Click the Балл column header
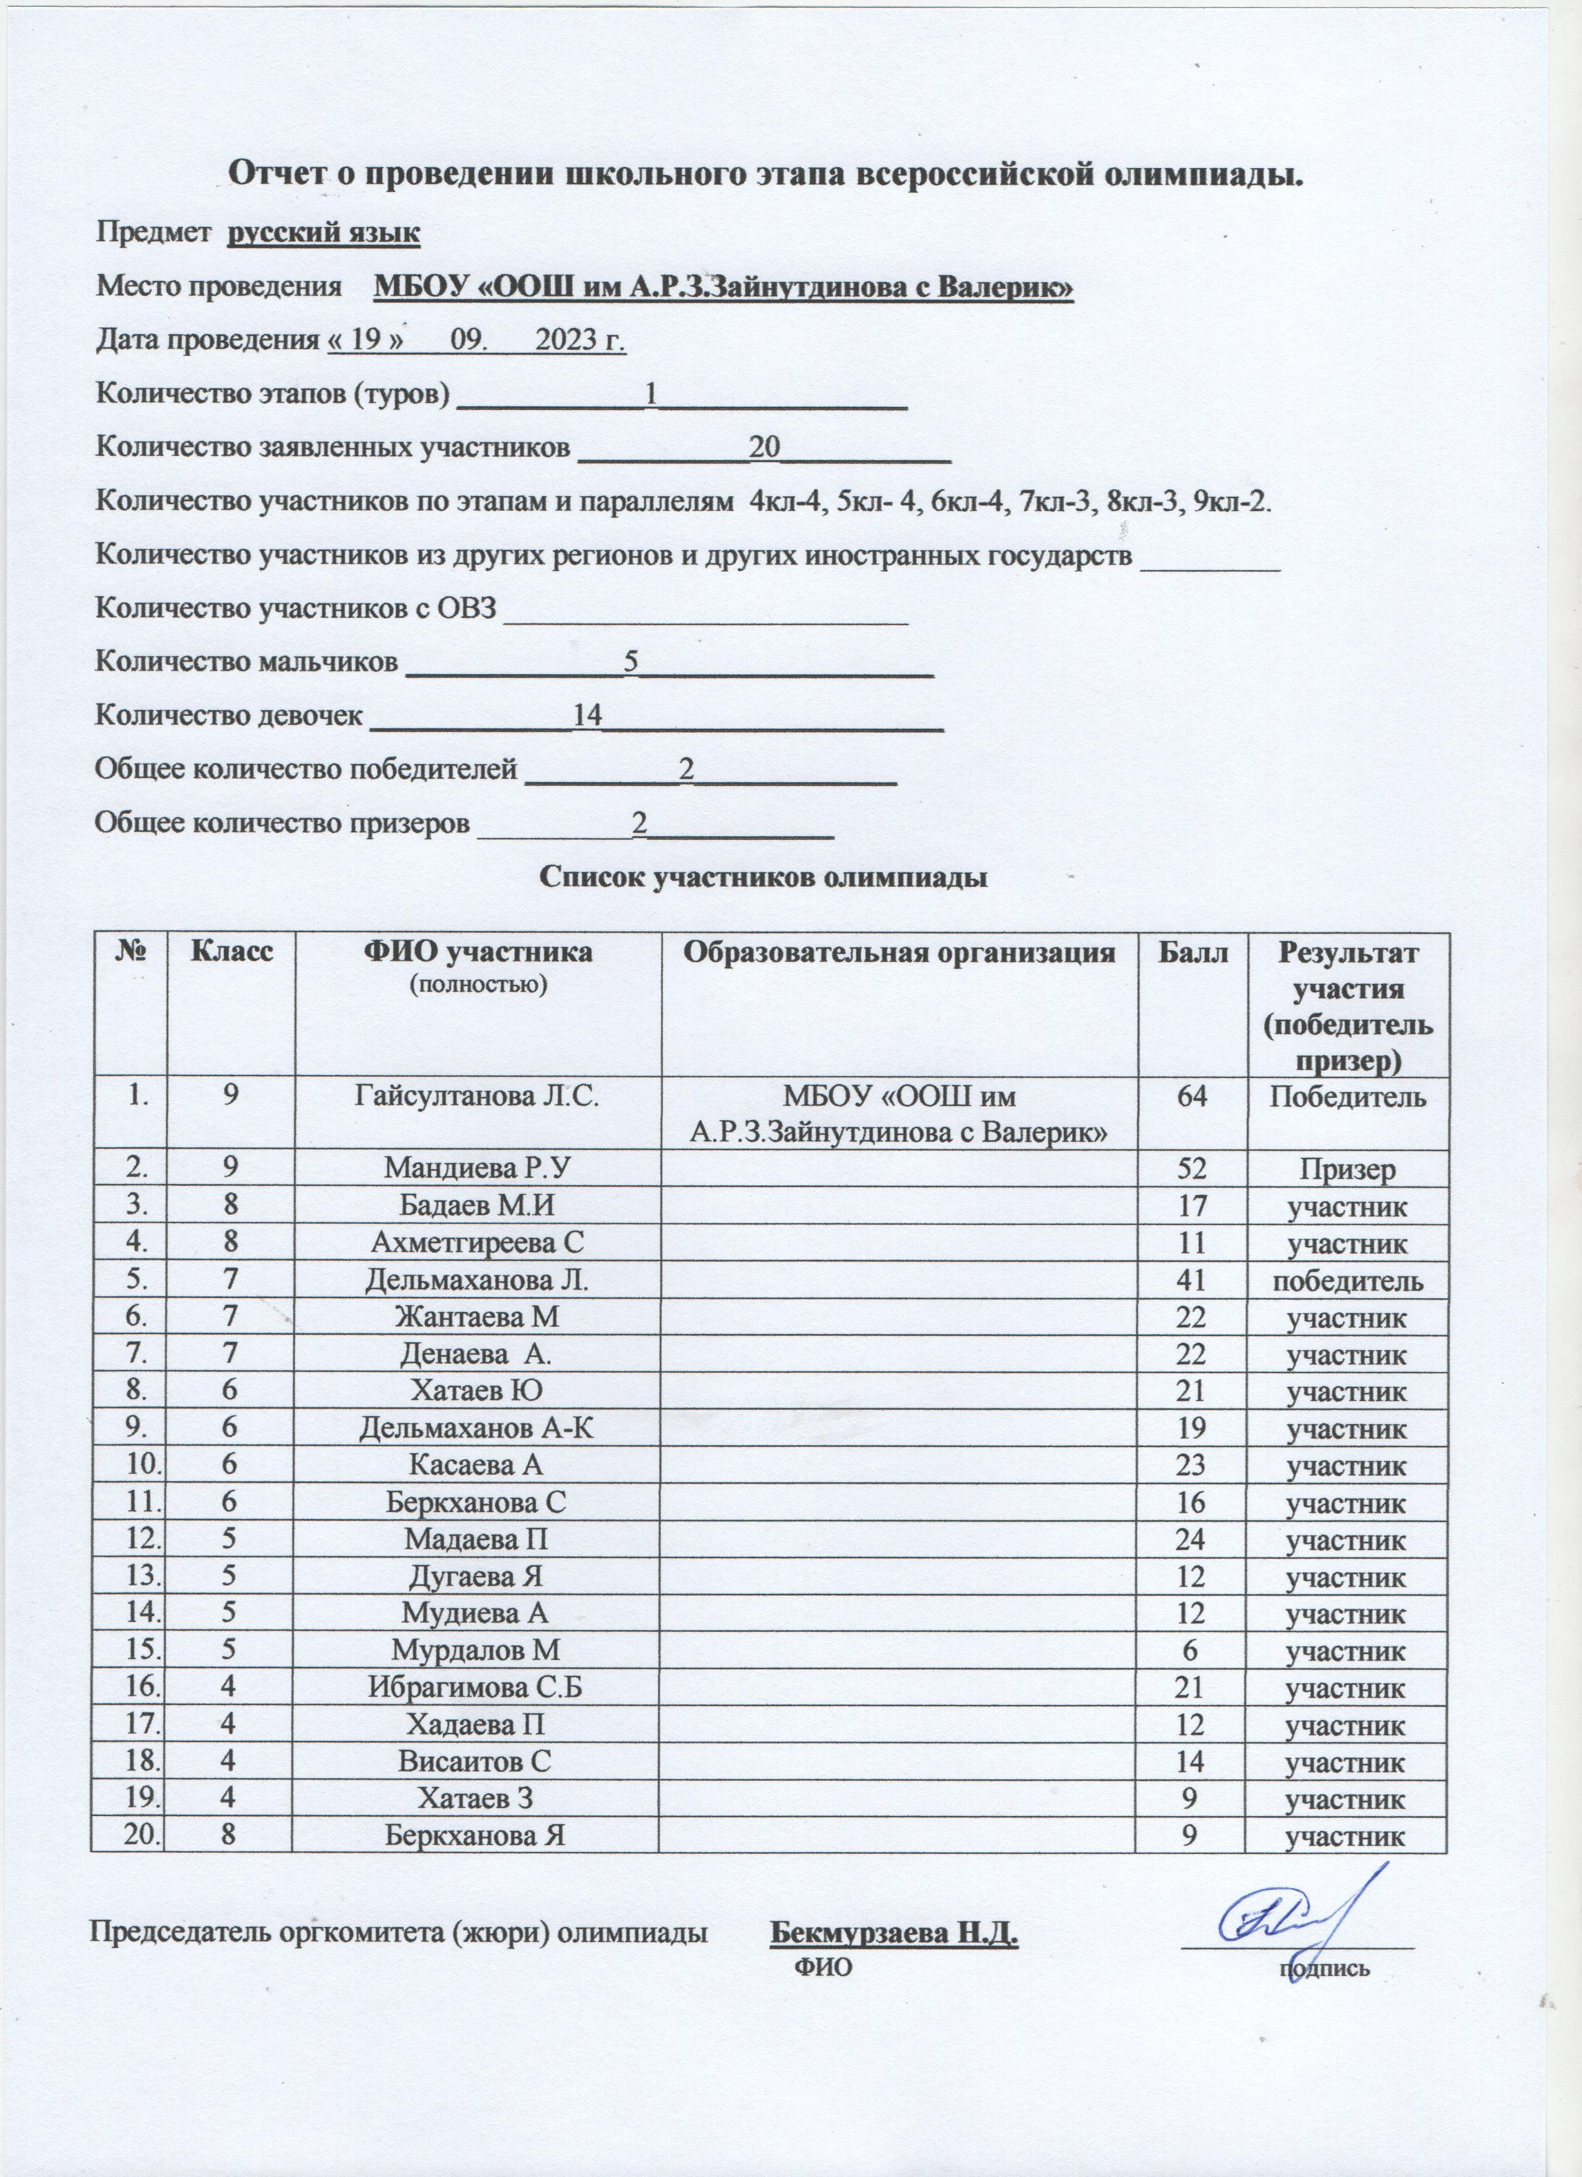tap(1191, 953)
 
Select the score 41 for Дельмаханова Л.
tap(1191, 1281)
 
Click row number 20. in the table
tap(130, 1836)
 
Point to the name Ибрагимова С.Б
tap(476, 1688)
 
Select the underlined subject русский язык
tap(323, 233)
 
